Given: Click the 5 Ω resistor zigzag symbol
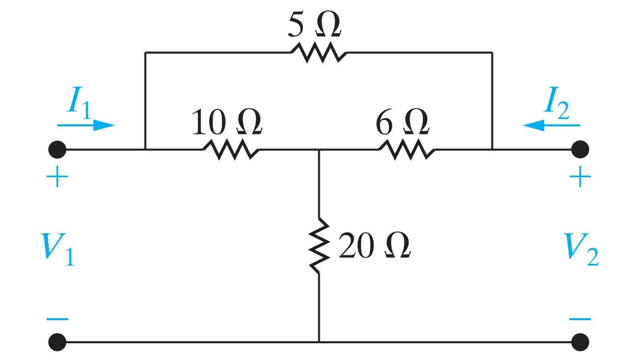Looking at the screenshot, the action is point(318,53).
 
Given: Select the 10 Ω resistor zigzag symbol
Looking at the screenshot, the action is point(231,149).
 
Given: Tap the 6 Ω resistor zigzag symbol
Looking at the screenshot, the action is point(407,149).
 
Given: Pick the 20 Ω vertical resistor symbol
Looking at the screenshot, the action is point(319,246).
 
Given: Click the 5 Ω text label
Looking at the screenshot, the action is point(315,25).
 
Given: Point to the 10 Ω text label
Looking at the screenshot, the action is point(227,122).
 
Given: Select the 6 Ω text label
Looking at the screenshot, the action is point(402,122).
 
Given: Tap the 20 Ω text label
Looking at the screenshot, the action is point(375,246).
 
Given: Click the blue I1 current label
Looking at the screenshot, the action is point(79,102).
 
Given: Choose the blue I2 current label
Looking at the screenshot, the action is point(557,102).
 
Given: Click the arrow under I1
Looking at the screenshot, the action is point(86,125).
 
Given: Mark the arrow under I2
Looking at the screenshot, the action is point(551,125).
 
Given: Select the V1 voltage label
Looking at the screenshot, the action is point(58,249).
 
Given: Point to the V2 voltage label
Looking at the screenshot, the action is point(581,249).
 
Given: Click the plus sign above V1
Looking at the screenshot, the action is point(57,177).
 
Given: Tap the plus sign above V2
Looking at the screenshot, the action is point(580,177).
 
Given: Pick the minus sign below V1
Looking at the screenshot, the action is point(57,319).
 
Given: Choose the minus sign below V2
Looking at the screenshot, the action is point(580,319).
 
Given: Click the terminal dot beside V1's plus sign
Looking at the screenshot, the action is point(57,149).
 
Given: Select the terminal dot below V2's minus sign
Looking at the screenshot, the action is point(580,342).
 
